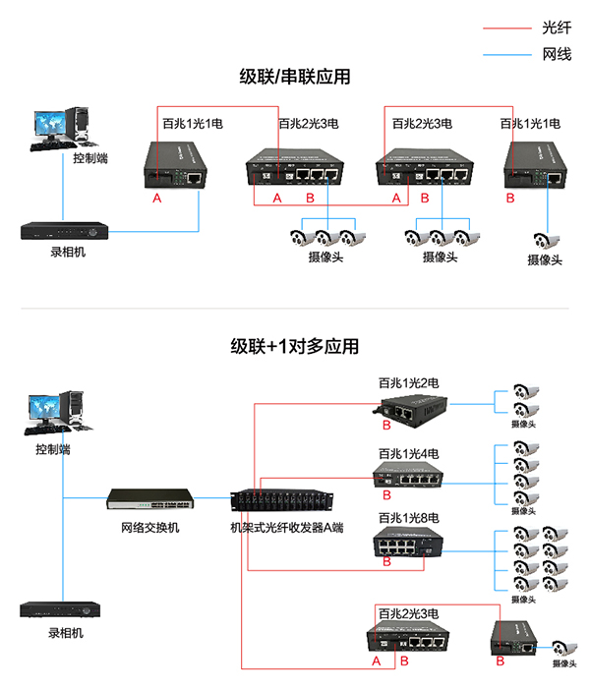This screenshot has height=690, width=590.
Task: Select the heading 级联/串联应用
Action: click(295, 77)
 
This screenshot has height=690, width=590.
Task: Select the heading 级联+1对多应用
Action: click(295, 346)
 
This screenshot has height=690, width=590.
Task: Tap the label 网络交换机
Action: click(150, 528)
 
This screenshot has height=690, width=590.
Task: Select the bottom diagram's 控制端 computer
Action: click(58, 412)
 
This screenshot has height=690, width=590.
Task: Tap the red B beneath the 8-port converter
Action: click(386, 563)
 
